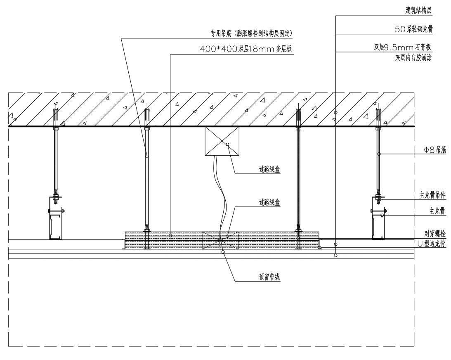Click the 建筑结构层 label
pyautogui.click(x=418, y=11)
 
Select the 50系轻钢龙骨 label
pyautogui.click(x=413, y=29)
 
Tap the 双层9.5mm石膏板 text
pyautogui.click(x=402, y=47)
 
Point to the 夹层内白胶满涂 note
pyautogui.click(x=413, y=57)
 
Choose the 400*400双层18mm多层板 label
pyautogui.click(x=246, y=49)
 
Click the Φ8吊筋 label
pyautogui.click(x=435, y=149)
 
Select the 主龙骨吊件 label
pyautogui.click(x=432, y=195)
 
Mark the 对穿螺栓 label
pyautogui.click(x=435, y=233)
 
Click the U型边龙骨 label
pyautogui.click(x=431, y=244)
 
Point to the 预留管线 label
pyautogui.click(x=269, y=277)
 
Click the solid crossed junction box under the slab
pyautogui.click(x=222, y=141)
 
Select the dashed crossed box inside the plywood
pyautogui.click(x=220, y=240)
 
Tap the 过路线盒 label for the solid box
pyautogui.click(x=269, y=169)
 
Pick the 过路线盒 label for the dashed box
pyautogui.click(x=269, y=202)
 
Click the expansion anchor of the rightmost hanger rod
pyautogui.click(x=378, y=116)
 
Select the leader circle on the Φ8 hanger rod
pyautogui.click(x=379, y=154)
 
